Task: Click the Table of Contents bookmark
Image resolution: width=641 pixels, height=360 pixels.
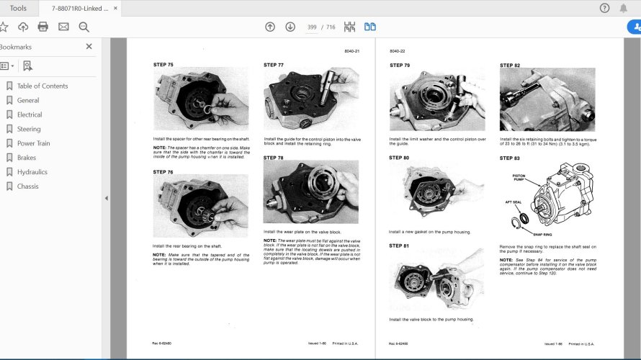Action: pos(42,86)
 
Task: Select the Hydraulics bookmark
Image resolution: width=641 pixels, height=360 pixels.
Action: pos(32,172)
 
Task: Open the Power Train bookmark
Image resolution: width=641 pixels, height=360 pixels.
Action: pos(33,143)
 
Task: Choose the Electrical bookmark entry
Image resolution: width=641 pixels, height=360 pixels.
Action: pos(30,114)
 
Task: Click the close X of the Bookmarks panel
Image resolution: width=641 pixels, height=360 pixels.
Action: pos(89,46)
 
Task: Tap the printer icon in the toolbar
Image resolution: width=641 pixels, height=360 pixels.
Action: pos(43,27)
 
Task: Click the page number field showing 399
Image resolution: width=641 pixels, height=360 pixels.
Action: pos(312,27)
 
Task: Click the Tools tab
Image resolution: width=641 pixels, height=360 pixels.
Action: pos(19,8)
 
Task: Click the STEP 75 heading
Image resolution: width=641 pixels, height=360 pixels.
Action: pos(163,65)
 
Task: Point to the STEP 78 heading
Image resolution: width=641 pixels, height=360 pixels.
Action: pos(274,158)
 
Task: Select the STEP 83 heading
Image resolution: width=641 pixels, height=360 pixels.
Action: pos(510,158)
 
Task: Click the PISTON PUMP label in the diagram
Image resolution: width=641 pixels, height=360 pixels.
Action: pos(519,177)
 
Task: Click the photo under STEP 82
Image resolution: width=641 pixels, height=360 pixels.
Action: pos(547,99)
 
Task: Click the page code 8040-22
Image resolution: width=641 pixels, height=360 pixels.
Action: pos(398,51)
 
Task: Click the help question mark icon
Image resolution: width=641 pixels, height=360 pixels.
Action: pos(604,8)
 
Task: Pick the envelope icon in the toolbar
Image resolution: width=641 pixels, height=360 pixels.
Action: pos(63,27)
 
